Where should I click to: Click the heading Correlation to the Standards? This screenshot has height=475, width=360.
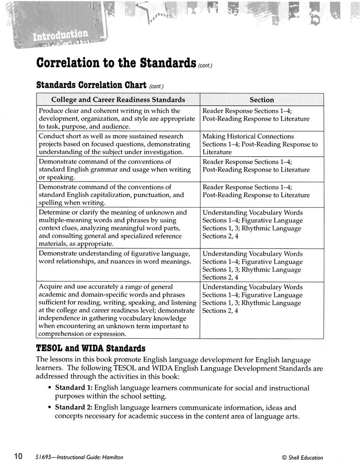click(x=116, y=64)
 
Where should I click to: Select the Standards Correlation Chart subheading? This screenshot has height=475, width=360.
click(x=92, y=86)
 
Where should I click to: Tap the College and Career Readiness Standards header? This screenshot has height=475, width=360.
click(x=118, y=100)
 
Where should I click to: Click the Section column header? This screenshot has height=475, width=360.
click(x=262, y=100)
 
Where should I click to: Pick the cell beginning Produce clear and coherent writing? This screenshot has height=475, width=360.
click(x=118, y=119)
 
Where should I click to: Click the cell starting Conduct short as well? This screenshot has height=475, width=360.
click(x=118, y=144)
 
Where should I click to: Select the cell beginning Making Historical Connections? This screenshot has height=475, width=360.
click(x=261, y=144)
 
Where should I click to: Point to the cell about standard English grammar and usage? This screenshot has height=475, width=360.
click(x=118, y=170)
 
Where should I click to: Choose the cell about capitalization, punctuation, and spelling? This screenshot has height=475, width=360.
click(x=118, y=195)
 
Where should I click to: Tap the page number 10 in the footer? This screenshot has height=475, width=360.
click(x=18, y=457)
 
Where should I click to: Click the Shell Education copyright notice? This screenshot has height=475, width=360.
click(x=302, y=458)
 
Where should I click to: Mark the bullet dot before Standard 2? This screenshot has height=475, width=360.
click(x=50, y=408)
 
